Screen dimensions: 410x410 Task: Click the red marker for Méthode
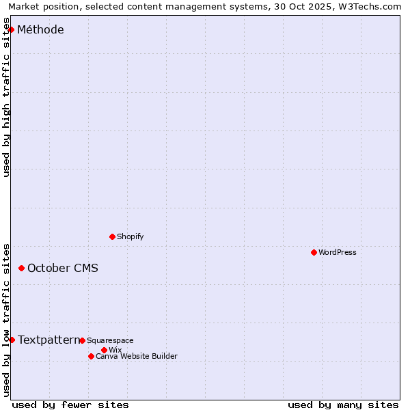[x=11, y=29]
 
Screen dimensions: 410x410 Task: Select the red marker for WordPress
[x=314, y=252]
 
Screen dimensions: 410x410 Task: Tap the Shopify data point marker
[x=112, y=236]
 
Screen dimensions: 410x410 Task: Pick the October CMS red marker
[x=21, y=268]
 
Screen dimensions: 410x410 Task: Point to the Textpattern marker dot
[x=12, y=340]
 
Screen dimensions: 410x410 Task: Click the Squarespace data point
[x=82, y=340]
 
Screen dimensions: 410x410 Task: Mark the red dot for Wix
[x=104, y=350]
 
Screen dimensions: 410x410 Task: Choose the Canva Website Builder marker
[x=91, y=356]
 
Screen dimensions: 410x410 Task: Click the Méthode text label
[x=40, y=29]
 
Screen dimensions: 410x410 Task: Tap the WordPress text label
[x=338, y=252]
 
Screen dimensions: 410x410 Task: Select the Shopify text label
[x=130, y=236]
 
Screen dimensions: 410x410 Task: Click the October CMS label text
[x=63, y=268]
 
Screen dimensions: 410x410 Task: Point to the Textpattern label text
[x=48, y=340]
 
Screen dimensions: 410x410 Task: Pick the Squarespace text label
[x=110, y=340]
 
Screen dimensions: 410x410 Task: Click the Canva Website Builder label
[x=137, y=356]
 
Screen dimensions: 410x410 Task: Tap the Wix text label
[x=115, y=350]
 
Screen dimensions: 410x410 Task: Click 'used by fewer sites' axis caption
[x=70, y=405]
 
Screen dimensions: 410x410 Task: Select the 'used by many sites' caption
[x=343, y=405]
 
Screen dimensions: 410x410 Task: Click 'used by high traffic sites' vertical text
[x=7, y=97]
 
